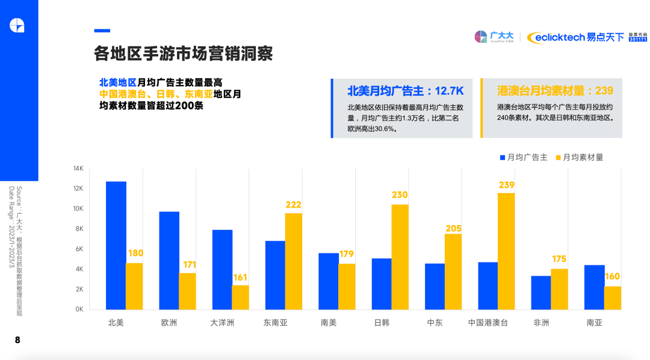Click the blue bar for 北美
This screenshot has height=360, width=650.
(116, 245)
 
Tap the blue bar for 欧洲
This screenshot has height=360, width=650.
(169, 260)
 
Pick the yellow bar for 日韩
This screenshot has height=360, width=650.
(400, 257)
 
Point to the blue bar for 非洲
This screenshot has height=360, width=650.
(540, 293)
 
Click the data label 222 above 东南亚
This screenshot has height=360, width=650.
(293, 205)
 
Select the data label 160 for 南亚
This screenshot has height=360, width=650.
(612, 277)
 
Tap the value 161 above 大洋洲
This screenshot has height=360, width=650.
(240, 278)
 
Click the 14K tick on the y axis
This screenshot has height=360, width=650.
(78, 169)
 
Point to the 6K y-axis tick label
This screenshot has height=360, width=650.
(79, 249)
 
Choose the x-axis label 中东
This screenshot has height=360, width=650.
(435, 323)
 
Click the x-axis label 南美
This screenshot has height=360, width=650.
(329, 323)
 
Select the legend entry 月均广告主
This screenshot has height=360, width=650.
(522, 157)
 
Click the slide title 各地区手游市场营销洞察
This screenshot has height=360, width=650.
(184, 54)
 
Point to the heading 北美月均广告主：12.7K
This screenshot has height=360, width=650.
(405, 91)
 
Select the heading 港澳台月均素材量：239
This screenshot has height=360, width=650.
(555, 91)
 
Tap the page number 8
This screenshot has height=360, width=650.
(17, 340)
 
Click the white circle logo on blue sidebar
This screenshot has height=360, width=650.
(17, 25)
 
